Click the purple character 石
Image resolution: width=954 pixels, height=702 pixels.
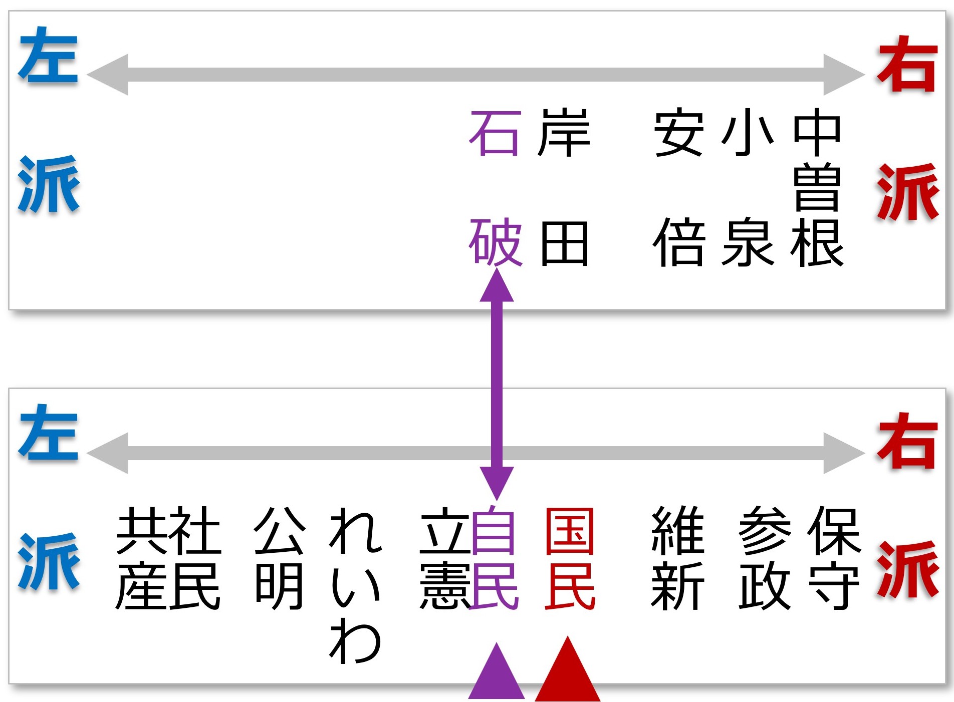[x=494, y=134]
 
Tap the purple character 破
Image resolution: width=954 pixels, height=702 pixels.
[x=495, y=243]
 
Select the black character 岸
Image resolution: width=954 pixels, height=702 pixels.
[x=564, y=133]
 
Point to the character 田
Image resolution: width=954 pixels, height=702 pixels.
[x=564, y=244]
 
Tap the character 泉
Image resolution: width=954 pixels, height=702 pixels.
[x=748, y=243]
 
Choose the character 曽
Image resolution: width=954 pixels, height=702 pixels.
[x=817, y=188]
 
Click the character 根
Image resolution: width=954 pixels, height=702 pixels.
[x=817, y=243]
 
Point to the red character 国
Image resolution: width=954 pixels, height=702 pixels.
[x=570, y=532]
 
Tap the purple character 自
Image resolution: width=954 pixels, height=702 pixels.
[x=494, y=531]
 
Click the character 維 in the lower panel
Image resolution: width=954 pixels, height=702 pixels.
[x=677, y=531]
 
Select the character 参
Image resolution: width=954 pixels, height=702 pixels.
[x=765, y=531]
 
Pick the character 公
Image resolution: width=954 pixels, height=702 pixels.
[x=280, y=531]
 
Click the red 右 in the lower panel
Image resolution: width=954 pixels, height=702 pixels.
[x=907, y=442]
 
